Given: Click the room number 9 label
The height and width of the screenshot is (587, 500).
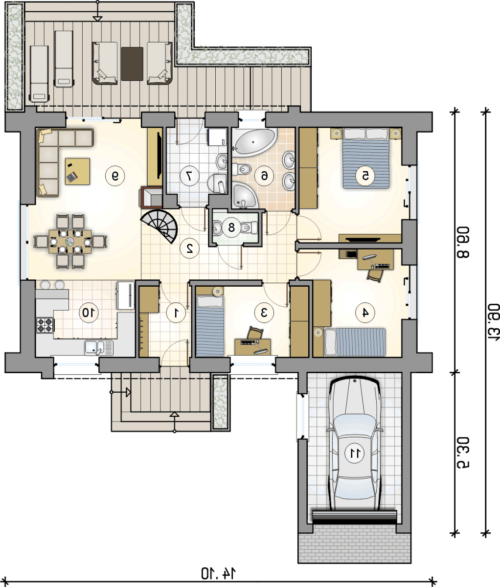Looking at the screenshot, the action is click(115, 176).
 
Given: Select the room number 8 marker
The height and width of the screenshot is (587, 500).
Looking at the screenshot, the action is click(231, 227).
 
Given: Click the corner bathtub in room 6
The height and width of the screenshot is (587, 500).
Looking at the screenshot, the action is click(254, 141).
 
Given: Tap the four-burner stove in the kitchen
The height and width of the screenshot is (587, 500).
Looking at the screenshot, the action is click(45, 325).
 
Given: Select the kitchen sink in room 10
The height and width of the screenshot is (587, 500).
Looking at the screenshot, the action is click(98, 348).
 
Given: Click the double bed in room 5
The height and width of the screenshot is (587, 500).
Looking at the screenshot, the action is click(365, 158).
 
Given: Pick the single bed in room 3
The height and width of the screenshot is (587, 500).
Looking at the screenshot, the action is click(210, 326).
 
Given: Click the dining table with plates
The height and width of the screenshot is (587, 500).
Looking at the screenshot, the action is click(70, 242).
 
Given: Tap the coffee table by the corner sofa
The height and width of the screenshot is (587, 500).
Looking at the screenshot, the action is click(78, 172).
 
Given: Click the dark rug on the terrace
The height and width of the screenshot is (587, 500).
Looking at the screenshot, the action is click(132, 64).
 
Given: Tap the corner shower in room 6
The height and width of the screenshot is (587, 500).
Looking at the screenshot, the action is click(244, 196).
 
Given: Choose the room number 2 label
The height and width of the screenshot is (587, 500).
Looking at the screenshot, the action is click(190, 248).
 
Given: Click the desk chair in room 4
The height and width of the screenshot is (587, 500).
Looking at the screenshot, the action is click(376, 275).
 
